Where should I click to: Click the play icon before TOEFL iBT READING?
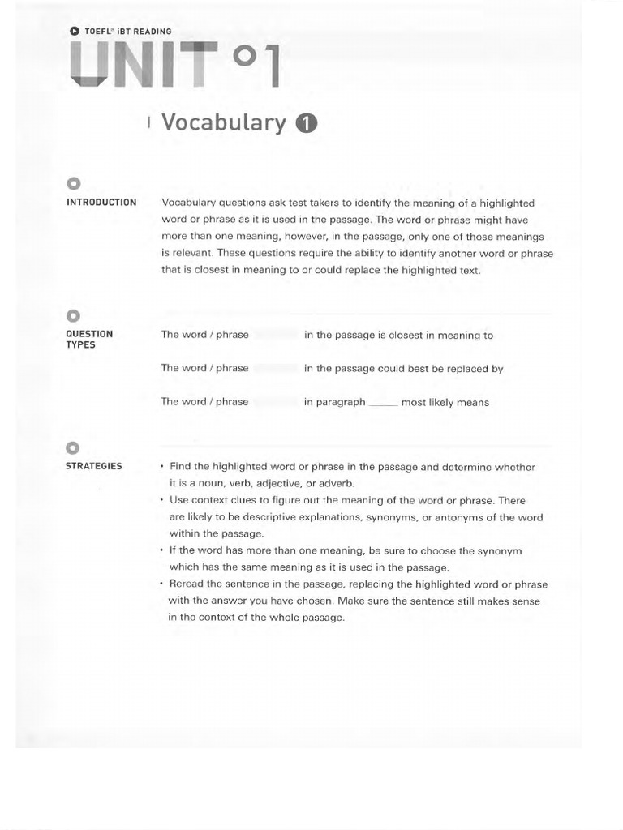tap(75, 31)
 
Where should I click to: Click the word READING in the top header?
tap(152, 31)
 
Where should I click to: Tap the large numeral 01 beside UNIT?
tap(256, 66)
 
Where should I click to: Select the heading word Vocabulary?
tap(224, 122)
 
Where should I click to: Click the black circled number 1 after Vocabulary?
tap(306, 123)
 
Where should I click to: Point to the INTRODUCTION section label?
tap(101, 203)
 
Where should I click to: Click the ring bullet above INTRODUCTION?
tap(73, 182)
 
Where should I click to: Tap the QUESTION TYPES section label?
tap(89, 339)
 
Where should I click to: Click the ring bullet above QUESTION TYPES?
tap(73, 315)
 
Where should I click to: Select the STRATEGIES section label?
tap(94, 466)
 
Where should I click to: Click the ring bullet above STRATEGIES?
tap(73, 447)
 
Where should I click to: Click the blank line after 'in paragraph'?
tap(383, 403)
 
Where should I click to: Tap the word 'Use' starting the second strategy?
tap(179, 501)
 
